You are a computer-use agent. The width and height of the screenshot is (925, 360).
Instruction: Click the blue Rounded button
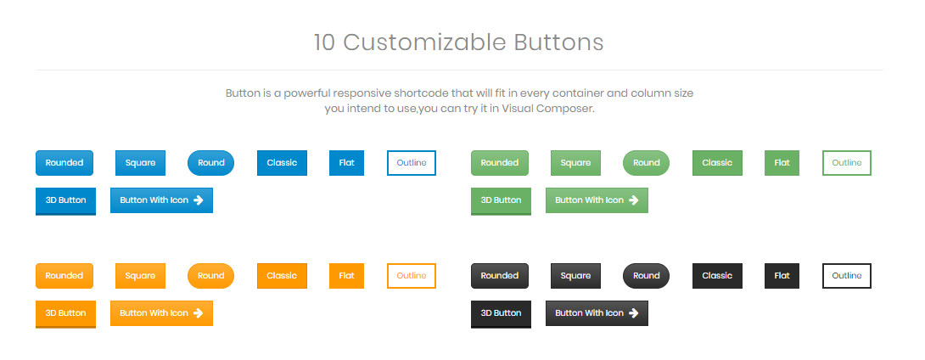click(64, 163)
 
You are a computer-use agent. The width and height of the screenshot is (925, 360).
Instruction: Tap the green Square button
click(575, 163)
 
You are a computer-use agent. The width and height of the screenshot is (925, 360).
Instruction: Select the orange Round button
click(210, 276)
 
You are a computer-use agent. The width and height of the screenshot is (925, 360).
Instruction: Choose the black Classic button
click(717, 276)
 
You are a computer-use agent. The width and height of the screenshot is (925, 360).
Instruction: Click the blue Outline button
click(412, 163)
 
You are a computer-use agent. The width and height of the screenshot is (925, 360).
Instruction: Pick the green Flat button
click(782, 163)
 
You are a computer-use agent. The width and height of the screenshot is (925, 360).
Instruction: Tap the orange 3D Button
click(65, 314)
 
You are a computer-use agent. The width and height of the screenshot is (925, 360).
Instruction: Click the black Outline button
click(847, 276)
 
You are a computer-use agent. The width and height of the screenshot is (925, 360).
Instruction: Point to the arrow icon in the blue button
click(199, 200)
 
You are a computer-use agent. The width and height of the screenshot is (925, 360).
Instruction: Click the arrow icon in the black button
click(634, 312)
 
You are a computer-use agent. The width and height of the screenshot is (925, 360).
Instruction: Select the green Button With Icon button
click(597, 200)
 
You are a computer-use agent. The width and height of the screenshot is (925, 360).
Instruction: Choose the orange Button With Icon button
click(161, 312)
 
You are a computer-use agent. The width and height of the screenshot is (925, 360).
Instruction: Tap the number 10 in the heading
click(324, 42)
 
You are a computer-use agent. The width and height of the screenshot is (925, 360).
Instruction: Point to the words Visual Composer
click(547, 110)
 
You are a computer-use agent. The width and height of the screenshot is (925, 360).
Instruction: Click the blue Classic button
click(282, 163)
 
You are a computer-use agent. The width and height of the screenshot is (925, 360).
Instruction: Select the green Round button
click(646, 163)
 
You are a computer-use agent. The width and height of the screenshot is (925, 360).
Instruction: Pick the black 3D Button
click(501, 314)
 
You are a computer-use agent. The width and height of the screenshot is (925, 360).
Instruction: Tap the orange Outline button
click(412, 276)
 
